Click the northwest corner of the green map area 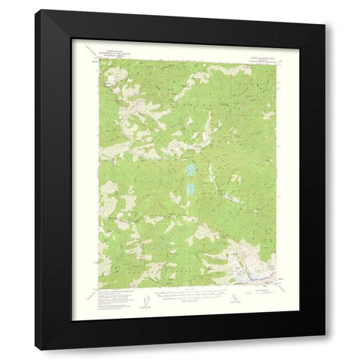point(98,60)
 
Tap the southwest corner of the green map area point(98,285)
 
